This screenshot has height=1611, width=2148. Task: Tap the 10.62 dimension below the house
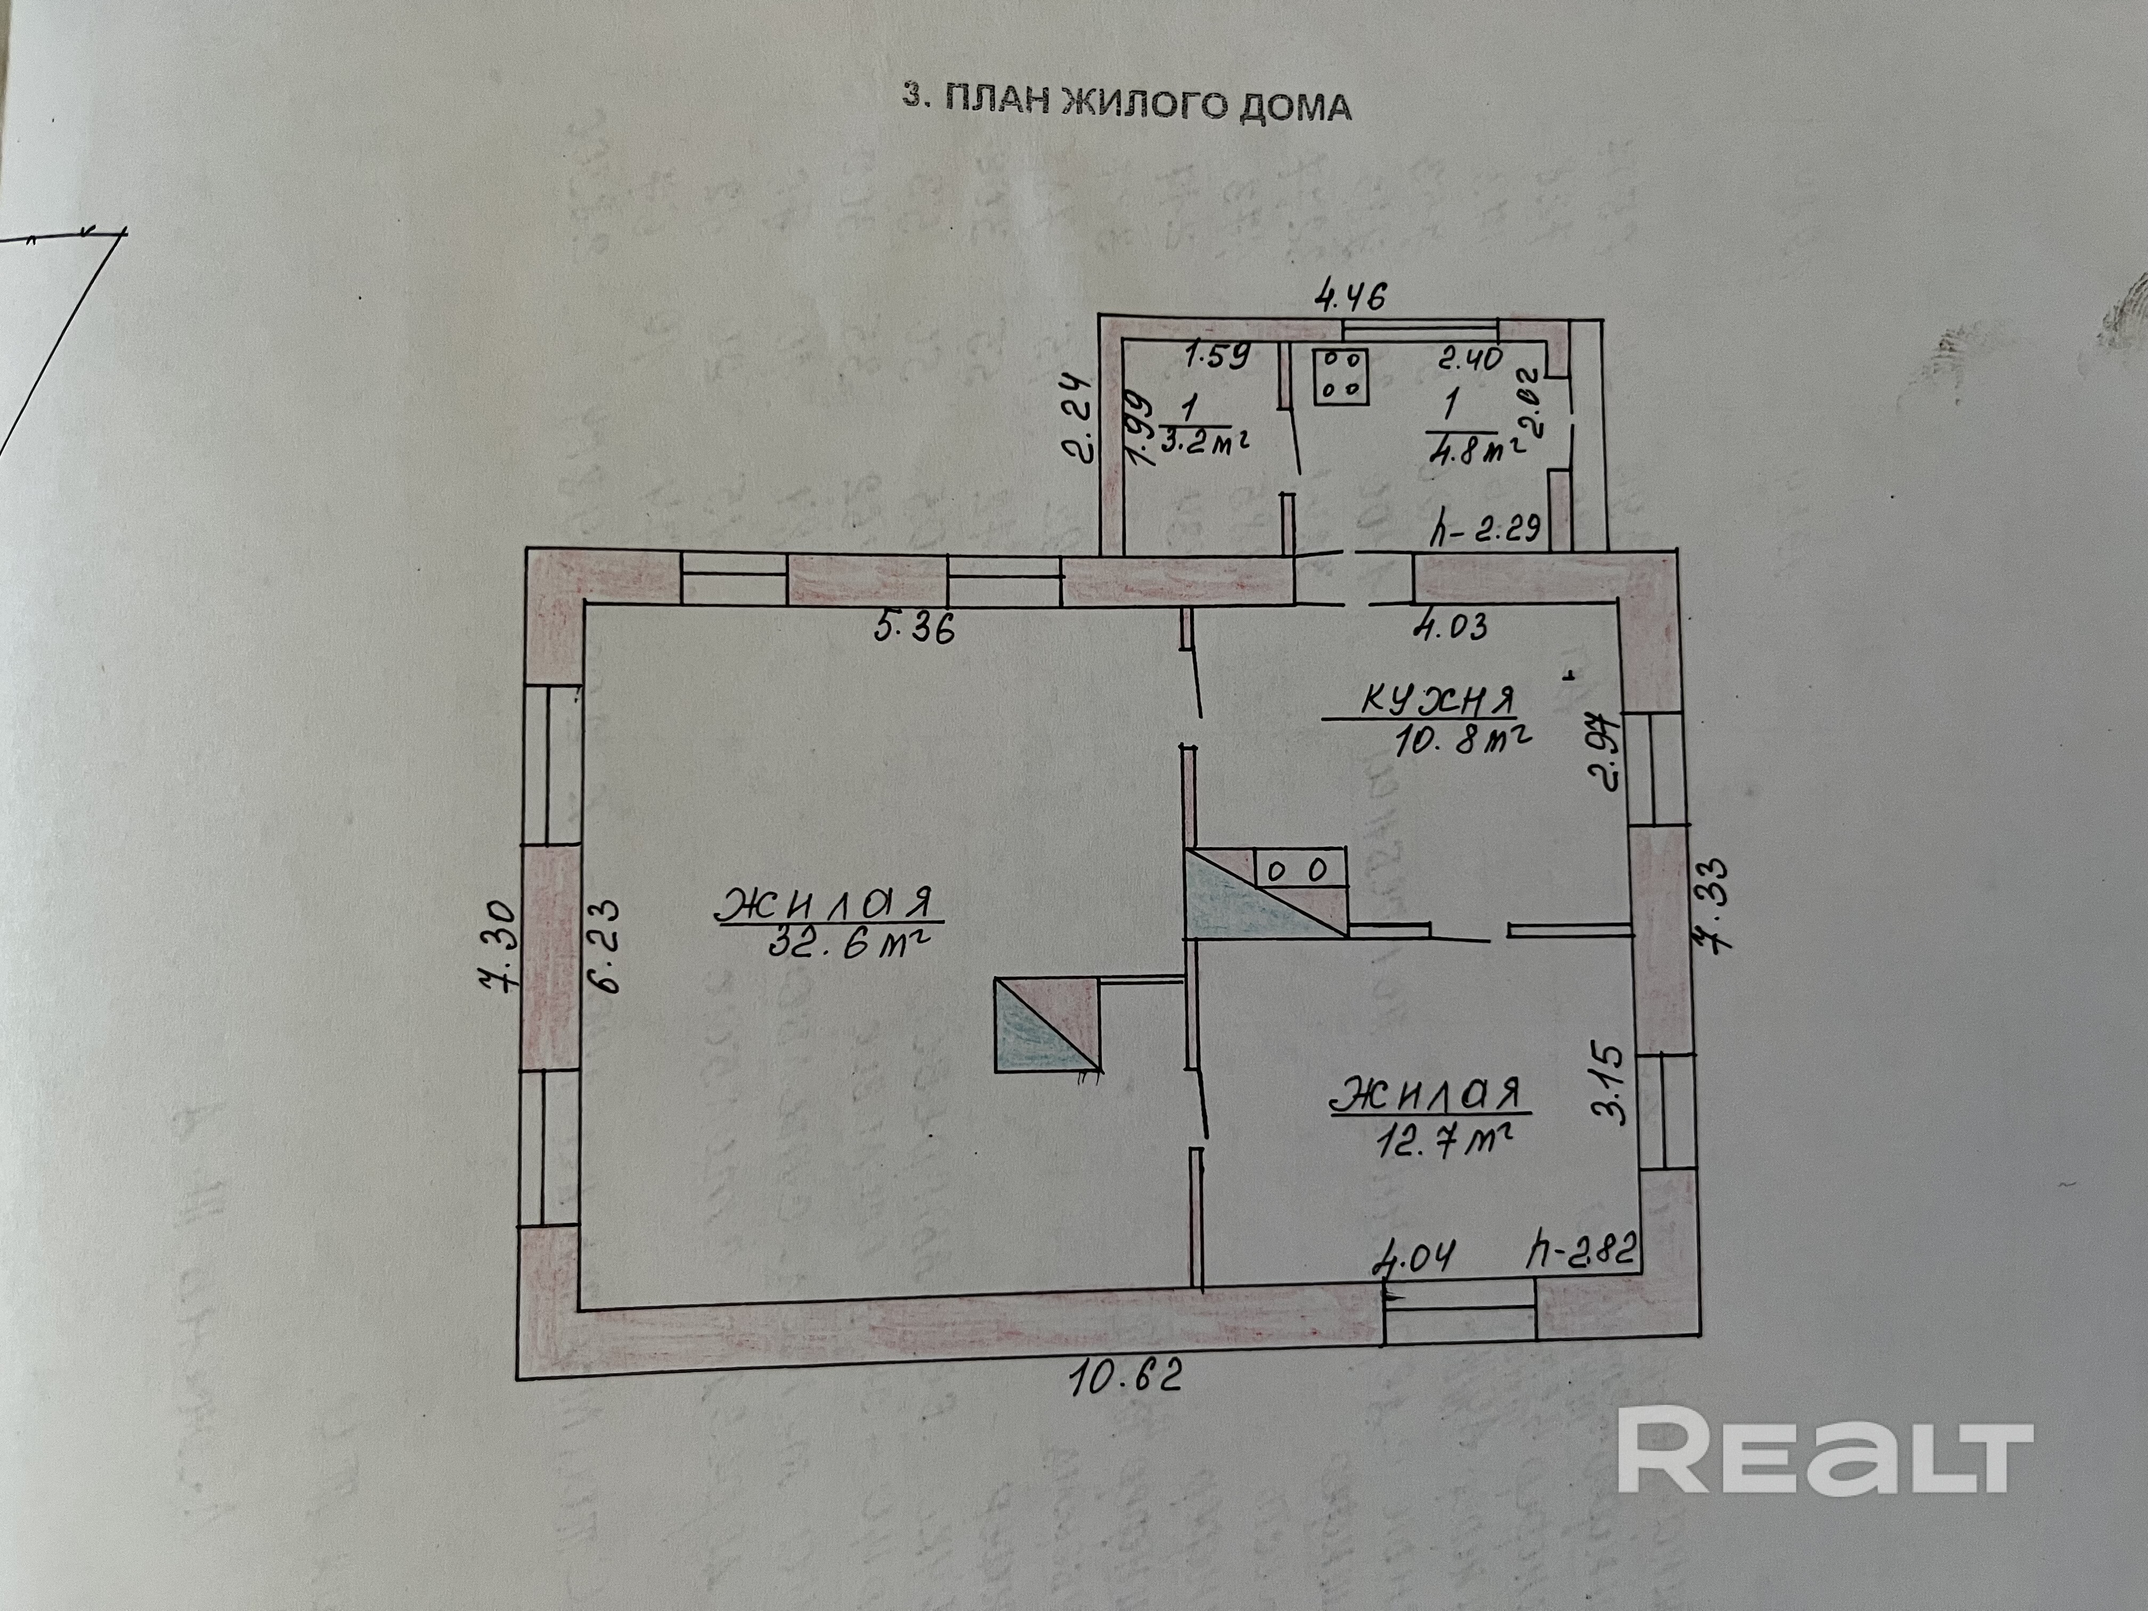coord(1126,1403)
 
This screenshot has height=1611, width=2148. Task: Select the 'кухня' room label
coord(1437,701)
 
